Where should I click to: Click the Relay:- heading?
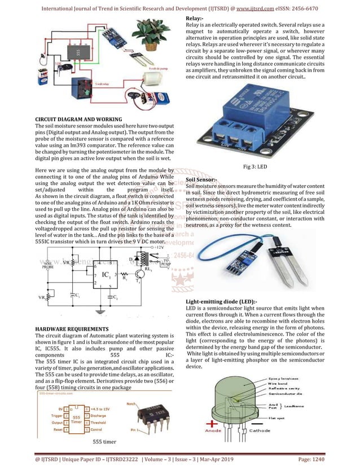[195, 20]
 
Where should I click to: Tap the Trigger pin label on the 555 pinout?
[55, 415]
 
